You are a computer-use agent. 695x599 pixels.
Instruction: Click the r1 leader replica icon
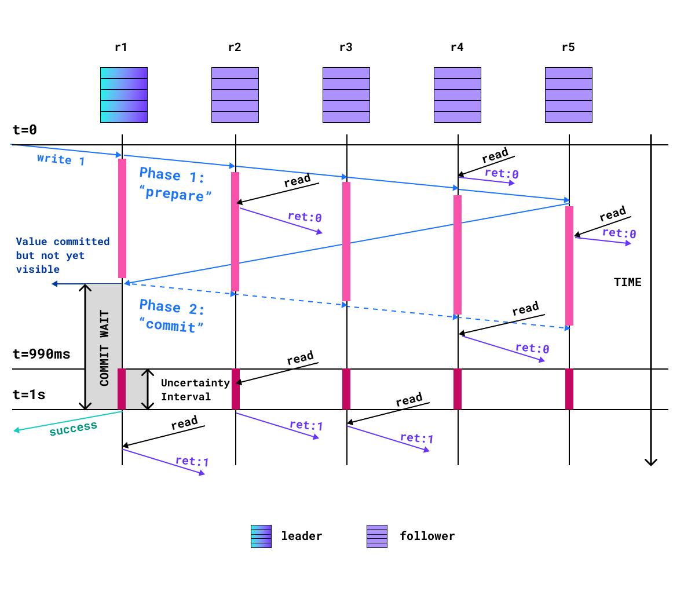click(x=124, y=95)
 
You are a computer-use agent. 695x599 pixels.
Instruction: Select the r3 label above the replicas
click(x=346, y=48)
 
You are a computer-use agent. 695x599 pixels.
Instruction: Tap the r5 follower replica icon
click(x=569, y=95)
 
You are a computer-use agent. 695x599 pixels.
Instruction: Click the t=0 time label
click(x=25, y=130)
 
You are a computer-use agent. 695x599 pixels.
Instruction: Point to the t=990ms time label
click(x=42, y=354)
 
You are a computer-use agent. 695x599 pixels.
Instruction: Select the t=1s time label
click(x=29, y=395)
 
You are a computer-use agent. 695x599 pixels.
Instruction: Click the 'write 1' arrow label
click(x=61, y=159)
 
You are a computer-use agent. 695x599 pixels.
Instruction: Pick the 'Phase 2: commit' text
click(x=171, y=316)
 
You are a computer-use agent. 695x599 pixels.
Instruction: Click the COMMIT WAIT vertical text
click(x=104, y=348)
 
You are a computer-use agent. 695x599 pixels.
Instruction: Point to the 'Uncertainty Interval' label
click(x=187, y=390)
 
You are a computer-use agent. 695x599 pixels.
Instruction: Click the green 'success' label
click(x=73, y=428)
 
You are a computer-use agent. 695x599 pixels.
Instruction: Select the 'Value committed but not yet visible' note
click(x=62, y=255)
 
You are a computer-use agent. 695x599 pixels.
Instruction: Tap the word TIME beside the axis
click(x=628, y=282)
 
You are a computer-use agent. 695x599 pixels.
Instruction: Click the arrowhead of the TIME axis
click(x=651, y=462)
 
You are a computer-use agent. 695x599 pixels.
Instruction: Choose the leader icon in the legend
click(x=261, y=536)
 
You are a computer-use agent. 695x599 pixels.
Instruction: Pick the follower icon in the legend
click(x=377, y=536)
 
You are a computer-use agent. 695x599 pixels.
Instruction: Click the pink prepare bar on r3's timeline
click(x=346, y=242)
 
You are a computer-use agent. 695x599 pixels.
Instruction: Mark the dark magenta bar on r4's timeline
click(x=458, y=389)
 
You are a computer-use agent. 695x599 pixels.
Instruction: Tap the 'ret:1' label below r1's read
click(x=192, y=462)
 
